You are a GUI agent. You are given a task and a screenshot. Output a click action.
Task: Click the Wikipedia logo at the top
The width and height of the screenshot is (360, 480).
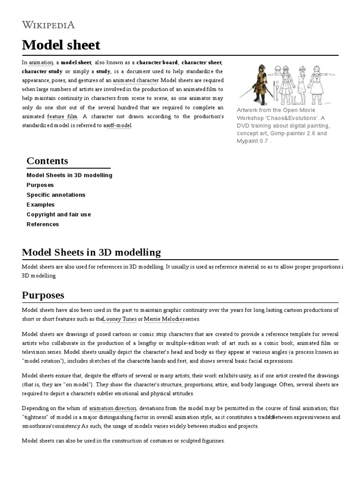tap(48, 24)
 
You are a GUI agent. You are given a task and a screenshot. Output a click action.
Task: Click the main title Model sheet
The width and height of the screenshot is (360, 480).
tap(61, 45)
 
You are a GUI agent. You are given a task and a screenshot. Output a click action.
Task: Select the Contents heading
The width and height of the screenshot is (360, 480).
tap(47, 161)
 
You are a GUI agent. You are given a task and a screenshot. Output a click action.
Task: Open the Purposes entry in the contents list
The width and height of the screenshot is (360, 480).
tap(40, 185)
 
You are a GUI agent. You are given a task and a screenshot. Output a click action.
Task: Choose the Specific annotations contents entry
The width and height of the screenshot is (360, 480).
tap(56, 195)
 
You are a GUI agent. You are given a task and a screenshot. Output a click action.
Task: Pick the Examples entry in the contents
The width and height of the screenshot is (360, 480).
tap(40, 204)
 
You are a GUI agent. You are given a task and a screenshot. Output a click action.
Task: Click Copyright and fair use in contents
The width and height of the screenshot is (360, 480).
tap(59, 214)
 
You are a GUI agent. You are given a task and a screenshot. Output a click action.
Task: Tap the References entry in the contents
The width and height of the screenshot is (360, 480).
tap(43, 224)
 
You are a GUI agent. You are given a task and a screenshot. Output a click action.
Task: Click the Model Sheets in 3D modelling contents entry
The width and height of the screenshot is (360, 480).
tap(69, 175)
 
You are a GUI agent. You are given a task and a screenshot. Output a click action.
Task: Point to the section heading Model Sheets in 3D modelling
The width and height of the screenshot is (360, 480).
tap(91, 252)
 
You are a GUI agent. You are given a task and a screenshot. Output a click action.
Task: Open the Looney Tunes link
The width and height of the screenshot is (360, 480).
tap(120, 319)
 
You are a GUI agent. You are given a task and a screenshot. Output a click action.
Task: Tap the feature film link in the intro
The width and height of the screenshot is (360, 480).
tap(62, 116)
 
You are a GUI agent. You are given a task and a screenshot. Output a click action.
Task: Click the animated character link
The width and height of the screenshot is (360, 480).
tap(135, 80)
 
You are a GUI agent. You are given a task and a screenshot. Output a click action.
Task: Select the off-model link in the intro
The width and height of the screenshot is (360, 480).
tap(120, 125)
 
